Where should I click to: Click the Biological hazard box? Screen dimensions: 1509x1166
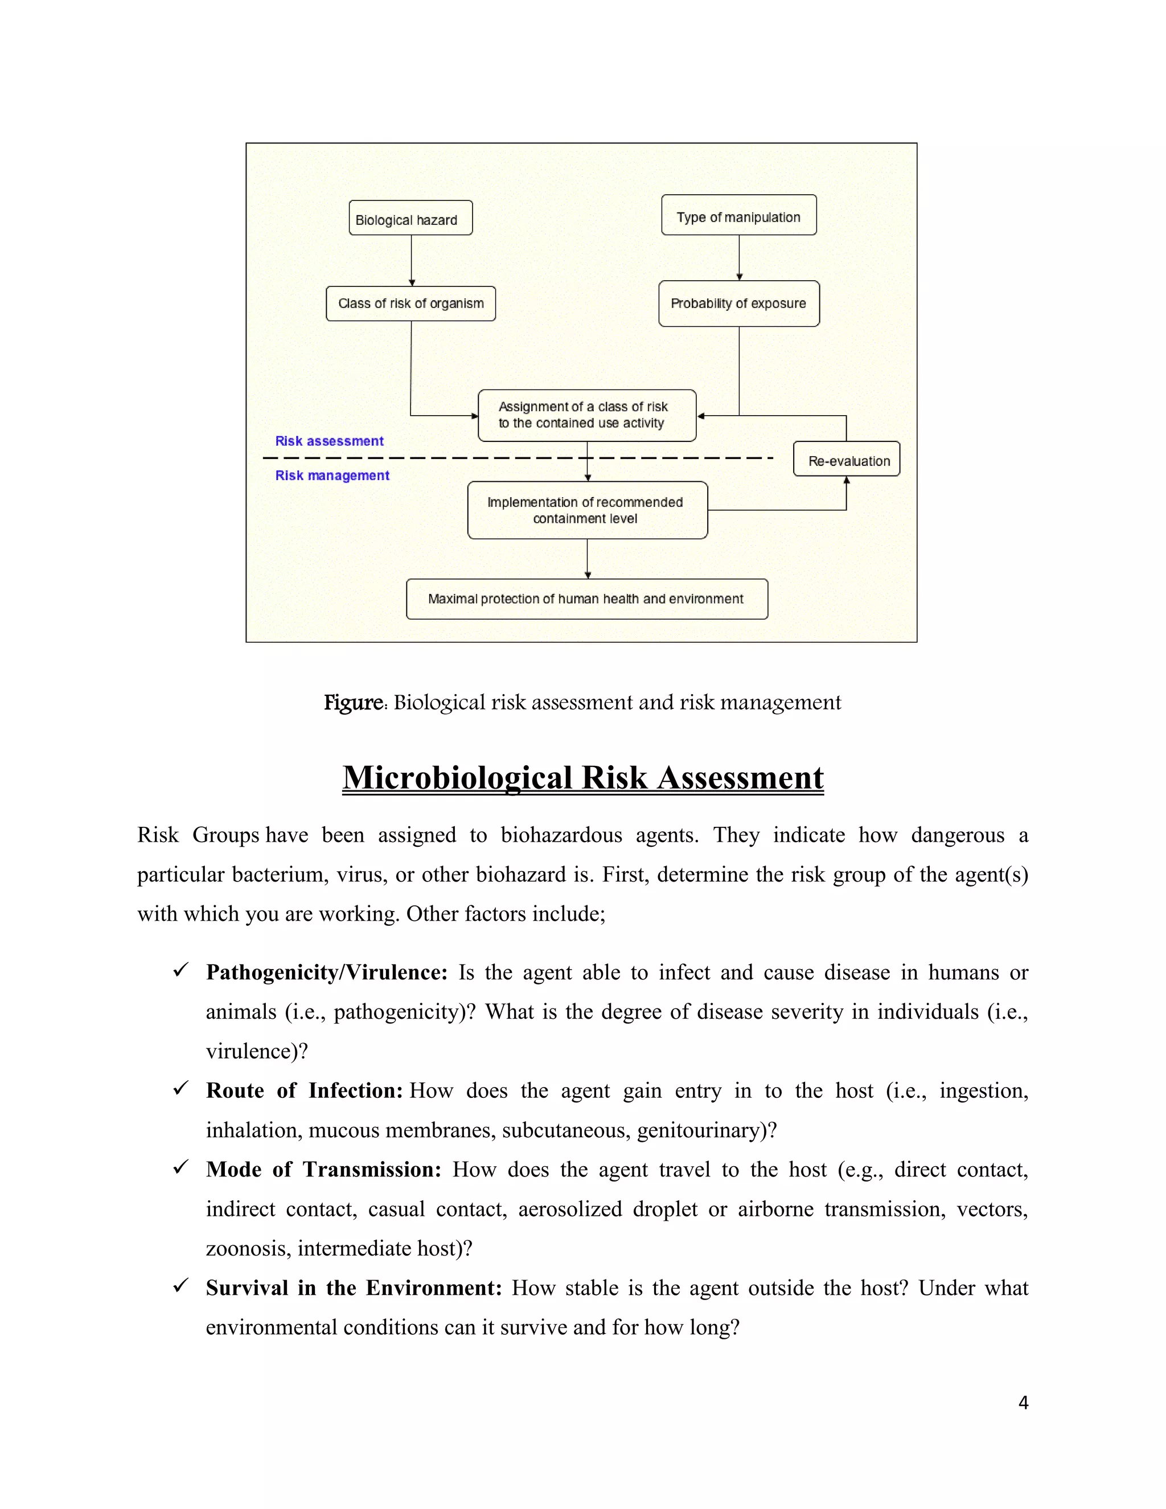[410, 218]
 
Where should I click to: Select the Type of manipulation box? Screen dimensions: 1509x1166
[738, 216]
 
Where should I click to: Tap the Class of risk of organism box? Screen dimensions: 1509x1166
[410, 304]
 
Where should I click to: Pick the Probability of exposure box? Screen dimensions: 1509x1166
[738, 304]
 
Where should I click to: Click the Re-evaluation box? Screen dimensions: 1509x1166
[846, 460]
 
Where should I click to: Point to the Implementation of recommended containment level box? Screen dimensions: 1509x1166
[587, 510]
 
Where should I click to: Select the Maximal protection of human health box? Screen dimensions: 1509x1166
[586, 599]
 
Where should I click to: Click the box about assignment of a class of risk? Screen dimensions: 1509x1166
[586, 415]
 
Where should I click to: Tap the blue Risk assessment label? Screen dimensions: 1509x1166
[330, 441]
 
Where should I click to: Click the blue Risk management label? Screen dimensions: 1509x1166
[332, 475]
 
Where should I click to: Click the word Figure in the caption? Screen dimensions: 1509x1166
[354, 703]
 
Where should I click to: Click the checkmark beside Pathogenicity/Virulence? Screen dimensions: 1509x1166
[181, 971]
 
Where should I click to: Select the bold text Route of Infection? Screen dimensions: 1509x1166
[304, 1090]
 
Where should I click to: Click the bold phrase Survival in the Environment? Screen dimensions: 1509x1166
[354, 1288]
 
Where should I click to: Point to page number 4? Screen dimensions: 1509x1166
[1023, 1403]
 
